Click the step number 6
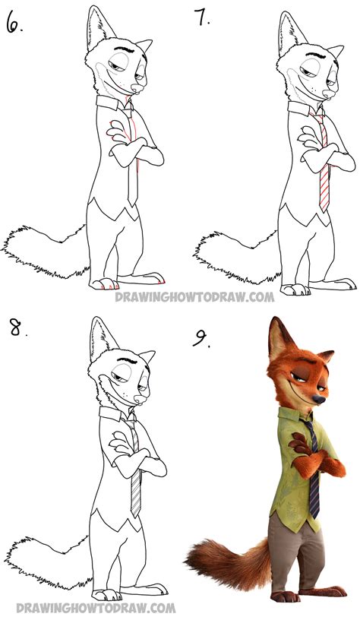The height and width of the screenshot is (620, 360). (14, 24)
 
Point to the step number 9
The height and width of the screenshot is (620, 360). (201, 339)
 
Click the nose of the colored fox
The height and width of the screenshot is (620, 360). (319, 400)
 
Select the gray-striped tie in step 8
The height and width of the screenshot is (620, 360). (134, 467)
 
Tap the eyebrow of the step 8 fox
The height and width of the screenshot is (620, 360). (127, 359)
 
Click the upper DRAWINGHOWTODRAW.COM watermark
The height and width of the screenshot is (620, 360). (194, 296)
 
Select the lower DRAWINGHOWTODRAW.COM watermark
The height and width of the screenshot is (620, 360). (96, 607)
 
